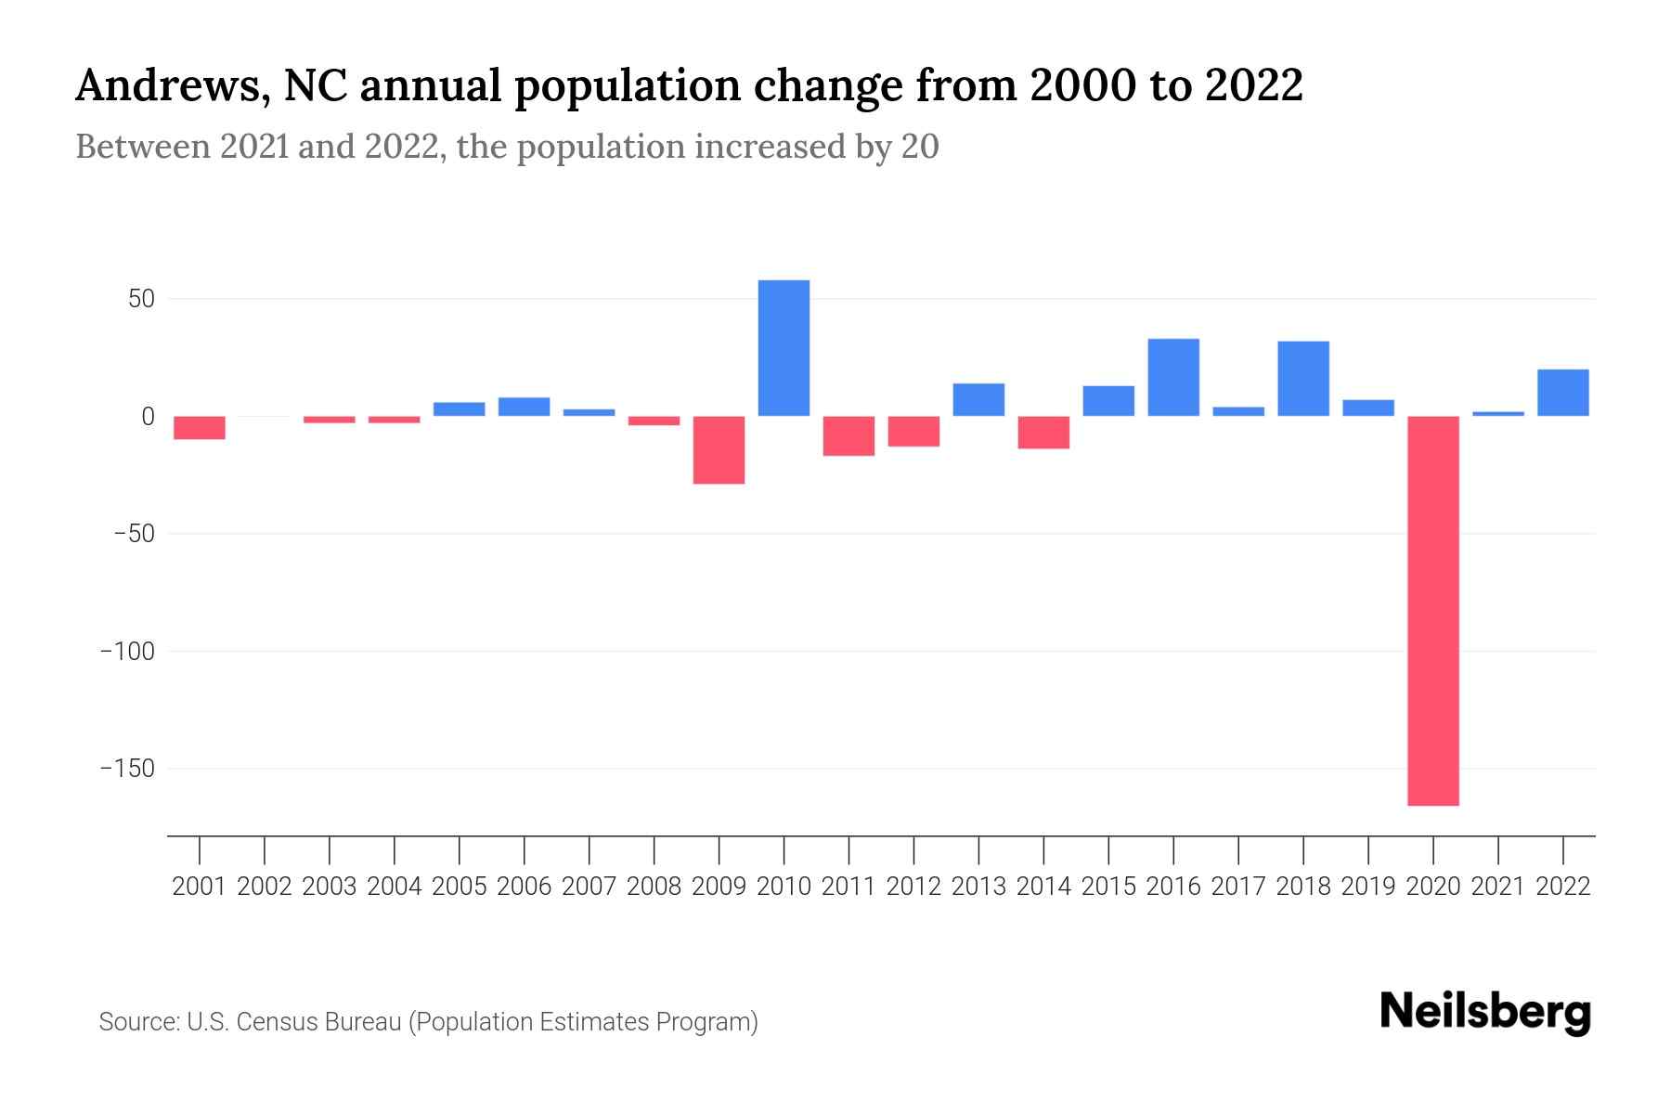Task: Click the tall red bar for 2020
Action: click(1433, 610)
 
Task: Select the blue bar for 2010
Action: click(784, 348)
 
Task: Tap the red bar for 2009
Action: click(719, 450)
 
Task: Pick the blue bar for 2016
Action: click(1173, 378)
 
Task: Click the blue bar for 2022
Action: click(1563, 393)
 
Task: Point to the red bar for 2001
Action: click(200, 428)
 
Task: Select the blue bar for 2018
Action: click(1303, 379)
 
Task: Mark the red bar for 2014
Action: click(1043, 433)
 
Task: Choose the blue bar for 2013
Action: click(978, 400)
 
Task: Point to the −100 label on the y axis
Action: click(128, 652)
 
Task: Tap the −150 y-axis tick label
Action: click(128, 769)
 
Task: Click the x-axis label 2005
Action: click(460, 887)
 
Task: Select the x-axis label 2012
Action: click(913, 887)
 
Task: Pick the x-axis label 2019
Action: click(1368, 887)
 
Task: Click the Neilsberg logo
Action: click(1485, 1012)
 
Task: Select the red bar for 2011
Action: click(848, 436)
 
